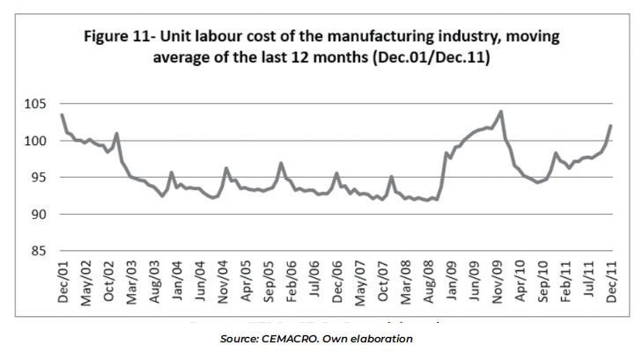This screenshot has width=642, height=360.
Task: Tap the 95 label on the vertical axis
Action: tap(34, 178)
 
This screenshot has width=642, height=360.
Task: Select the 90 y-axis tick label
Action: tap(34, 214)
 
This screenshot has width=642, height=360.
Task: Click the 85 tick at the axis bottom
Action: tap(34, 251)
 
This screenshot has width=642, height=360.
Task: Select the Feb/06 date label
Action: tap(291, 283)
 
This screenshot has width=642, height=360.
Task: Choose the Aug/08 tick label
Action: tap(428, 283)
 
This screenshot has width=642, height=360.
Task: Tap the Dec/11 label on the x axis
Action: tap(611, 283)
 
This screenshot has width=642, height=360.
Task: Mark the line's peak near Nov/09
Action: tap(500, 112)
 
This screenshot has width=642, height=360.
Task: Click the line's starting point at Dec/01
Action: tap(62, 114)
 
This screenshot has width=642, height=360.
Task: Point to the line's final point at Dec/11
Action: tap(611, 126)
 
